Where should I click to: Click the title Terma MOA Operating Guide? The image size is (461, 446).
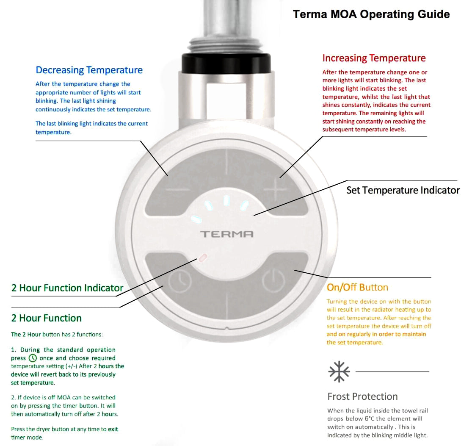(371, 14)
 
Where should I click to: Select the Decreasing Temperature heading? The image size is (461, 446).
(89, 70)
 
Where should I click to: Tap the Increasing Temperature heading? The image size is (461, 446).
(374, 58)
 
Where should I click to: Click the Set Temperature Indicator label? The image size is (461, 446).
(403, 190)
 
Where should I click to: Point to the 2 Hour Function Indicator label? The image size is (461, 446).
(67, 288)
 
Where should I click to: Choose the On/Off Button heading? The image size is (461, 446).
(357, 288)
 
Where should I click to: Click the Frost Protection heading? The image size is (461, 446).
(362, 396)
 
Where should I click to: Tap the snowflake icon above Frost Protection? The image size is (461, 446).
(339, 372)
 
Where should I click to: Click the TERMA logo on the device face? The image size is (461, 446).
(226, 234)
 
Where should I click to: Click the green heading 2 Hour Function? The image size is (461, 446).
(46, 318)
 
